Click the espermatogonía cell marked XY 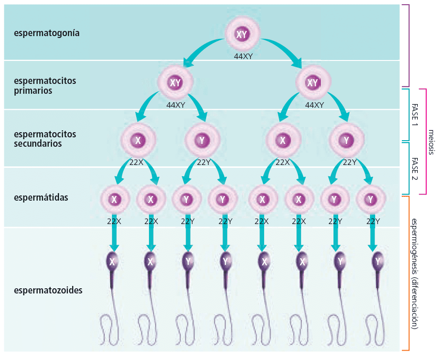coord(242,35)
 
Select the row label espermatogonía coord(46,33)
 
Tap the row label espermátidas coord(41,197)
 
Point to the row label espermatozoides coord(48,290)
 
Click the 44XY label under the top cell coord(244,56)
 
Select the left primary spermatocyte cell coord(175,83)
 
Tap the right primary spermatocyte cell coord(312,83)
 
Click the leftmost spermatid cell coord(114,199)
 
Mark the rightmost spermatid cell coord(371,199)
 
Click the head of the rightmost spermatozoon coord(377,262)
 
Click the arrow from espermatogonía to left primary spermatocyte coord(201,51)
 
